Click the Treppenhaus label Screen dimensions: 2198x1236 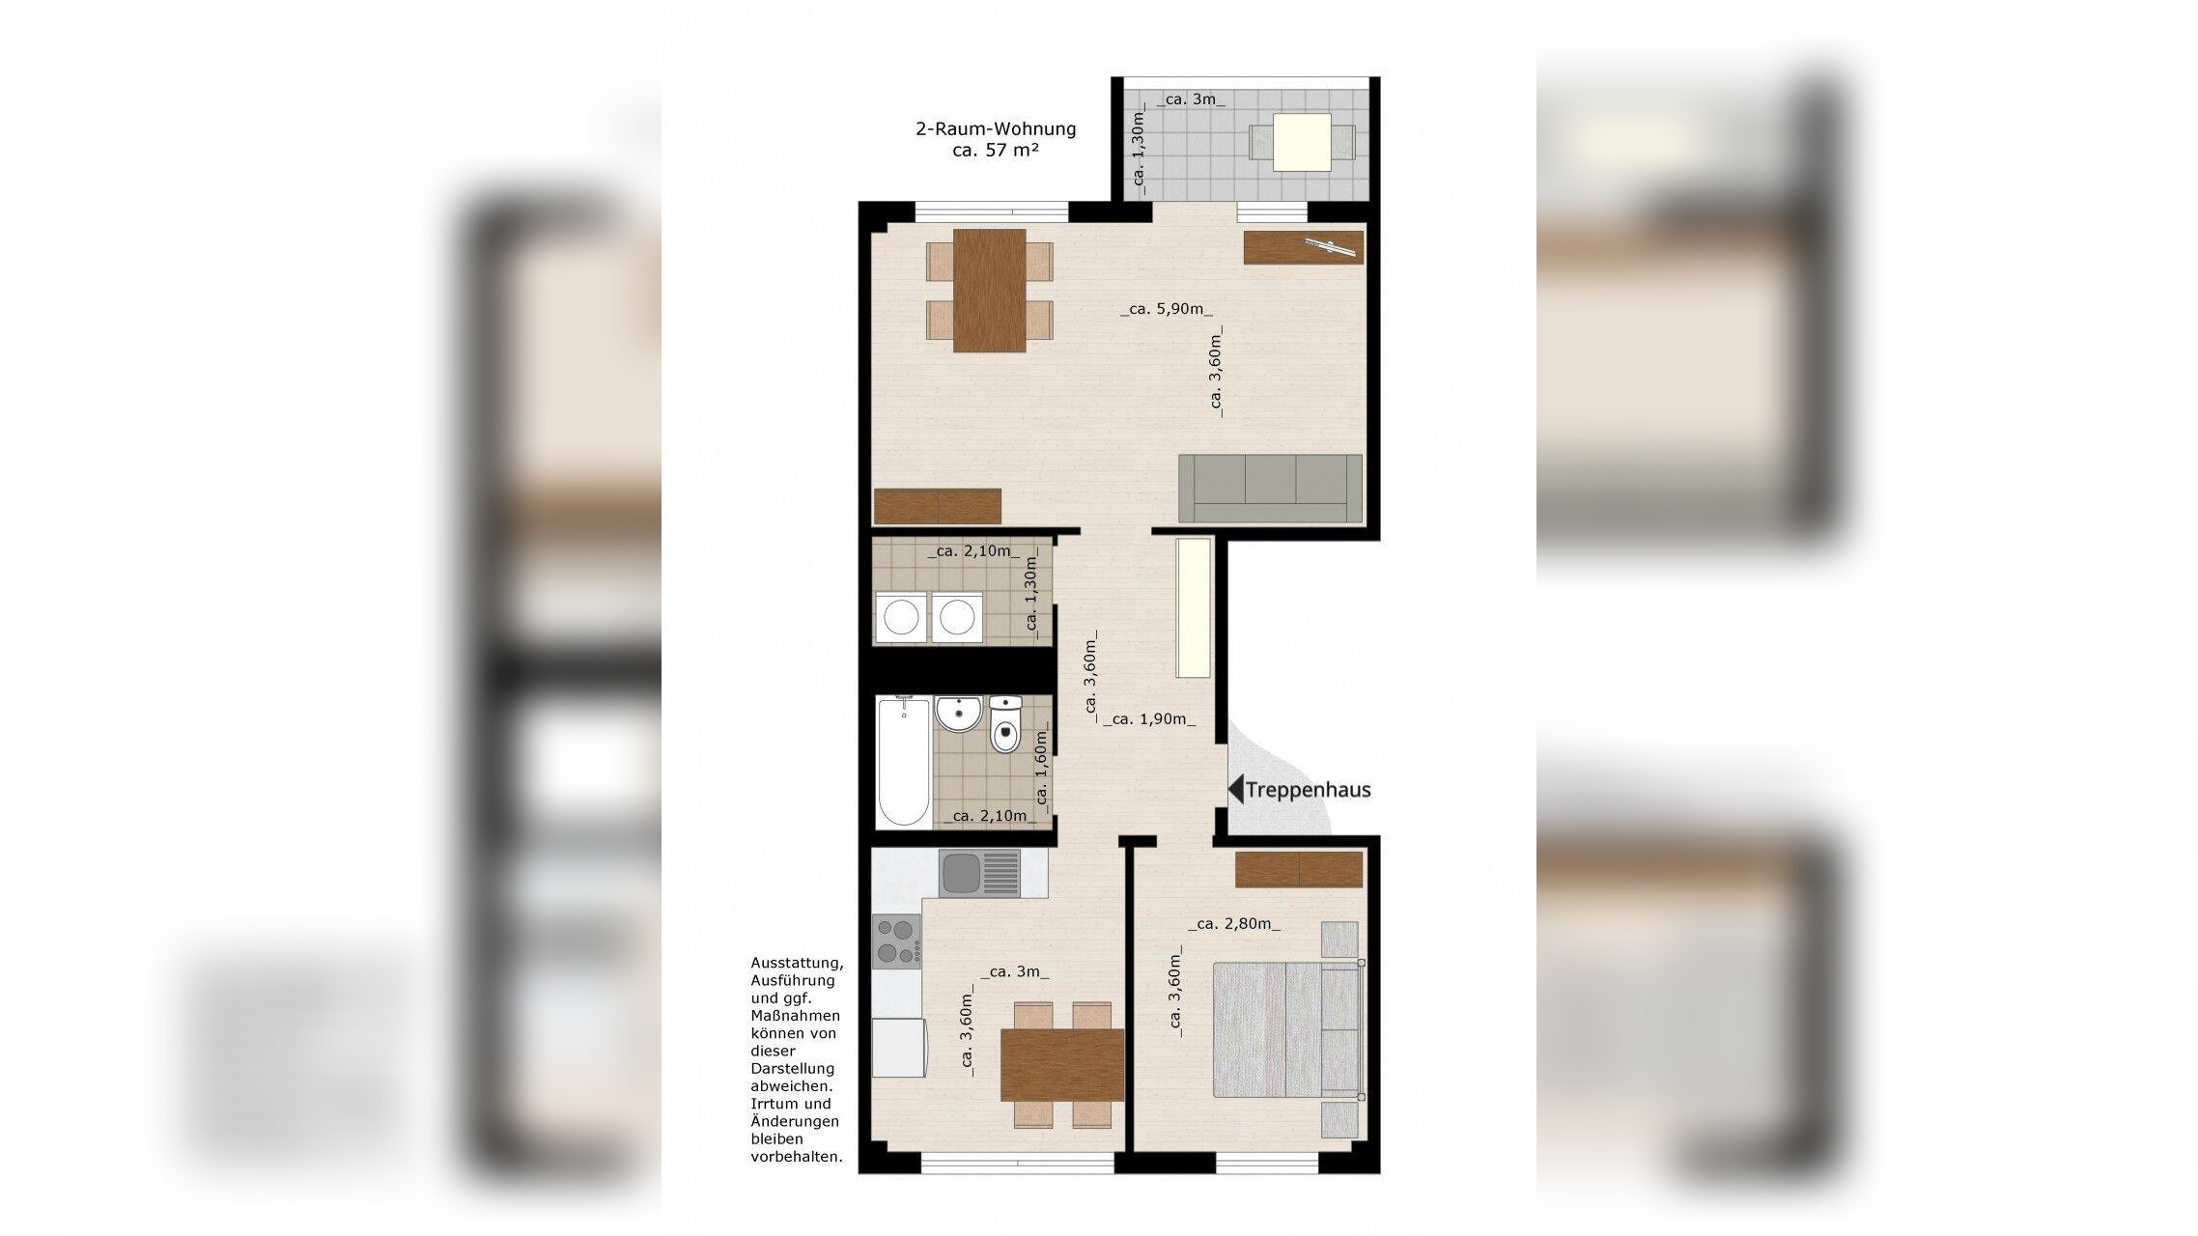[x=1308, y=790]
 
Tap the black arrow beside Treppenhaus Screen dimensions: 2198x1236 [x=1235, y=790]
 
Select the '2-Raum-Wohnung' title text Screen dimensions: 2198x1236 [x=996, y=128]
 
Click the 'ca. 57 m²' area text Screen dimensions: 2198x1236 [x=996, y=151]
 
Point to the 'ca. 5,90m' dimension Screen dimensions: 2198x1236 [x=1167, y=309]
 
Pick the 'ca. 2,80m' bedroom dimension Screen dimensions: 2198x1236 [x=1234, y=924]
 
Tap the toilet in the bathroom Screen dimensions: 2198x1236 [x=1005, y=723]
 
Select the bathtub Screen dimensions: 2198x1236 [x=904, y=762]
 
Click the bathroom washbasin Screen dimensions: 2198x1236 [x=958, y=715]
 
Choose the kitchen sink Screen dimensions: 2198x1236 [x=979, y=873]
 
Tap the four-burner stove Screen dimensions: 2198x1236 [x=896, y=941]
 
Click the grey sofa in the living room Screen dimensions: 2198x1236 [x=1270, y=489]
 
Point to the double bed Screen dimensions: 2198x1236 [x=1286, y=1029]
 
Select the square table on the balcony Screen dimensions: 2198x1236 [x=1302, y=142]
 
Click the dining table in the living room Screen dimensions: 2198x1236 [x=990, y=291]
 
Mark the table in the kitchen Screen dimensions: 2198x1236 [x=1062, y=1065]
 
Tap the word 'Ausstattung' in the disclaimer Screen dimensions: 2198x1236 [x=798, y=964]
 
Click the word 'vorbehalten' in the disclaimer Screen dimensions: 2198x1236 [x=797, y=1157]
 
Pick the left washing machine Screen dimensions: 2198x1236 [x=900, y=618]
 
